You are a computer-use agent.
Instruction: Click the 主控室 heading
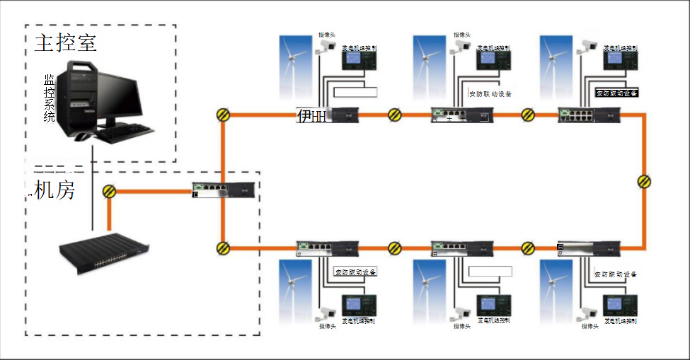point(65,43)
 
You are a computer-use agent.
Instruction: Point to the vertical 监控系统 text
point(49,98)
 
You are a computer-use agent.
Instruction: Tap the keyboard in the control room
point(126,130)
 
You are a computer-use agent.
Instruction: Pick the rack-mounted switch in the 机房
point(104,251)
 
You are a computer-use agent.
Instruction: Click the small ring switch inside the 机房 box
point(223,190)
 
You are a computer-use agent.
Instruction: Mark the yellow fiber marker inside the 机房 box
point(109,190)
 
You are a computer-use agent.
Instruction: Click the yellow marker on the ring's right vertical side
point(644,182)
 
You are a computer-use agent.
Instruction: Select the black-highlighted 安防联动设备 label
point(616,93)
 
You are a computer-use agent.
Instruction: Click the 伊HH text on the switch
point(311,115)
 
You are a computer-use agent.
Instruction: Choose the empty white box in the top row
point(355,91)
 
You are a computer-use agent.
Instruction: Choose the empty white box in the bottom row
point(490,271)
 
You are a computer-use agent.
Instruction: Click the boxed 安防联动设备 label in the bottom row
point(355,271)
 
